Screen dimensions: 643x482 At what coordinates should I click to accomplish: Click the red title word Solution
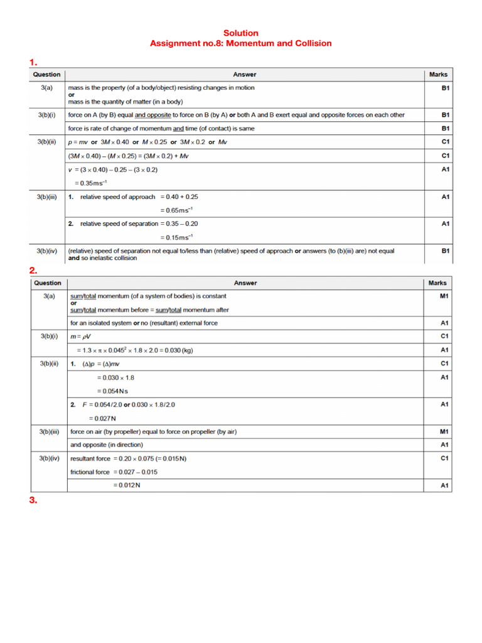tap(241, 33)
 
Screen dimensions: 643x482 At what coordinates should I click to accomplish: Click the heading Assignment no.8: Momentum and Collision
tap(241, 43)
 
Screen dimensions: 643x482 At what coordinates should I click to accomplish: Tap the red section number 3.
tap(33, 500)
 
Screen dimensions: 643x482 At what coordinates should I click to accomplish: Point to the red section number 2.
tap(33, 270)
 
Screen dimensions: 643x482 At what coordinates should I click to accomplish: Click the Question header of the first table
tap(47, 75)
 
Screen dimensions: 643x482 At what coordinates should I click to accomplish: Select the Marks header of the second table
tap(438, 283)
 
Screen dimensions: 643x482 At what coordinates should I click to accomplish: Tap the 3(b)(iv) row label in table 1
tap(47, 251)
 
